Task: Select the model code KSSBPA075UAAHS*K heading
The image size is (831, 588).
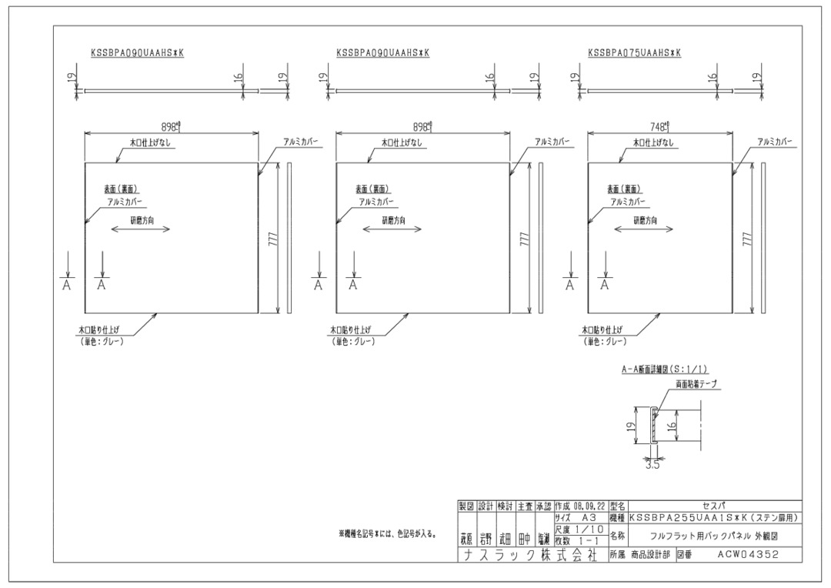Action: pos(634,53)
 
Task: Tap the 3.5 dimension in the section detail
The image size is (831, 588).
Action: pos(652,464)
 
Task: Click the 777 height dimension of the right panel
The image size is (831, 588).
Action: pos(747,238)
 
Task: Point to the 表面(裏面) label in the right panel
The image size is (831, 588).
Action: pos(625,189)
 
